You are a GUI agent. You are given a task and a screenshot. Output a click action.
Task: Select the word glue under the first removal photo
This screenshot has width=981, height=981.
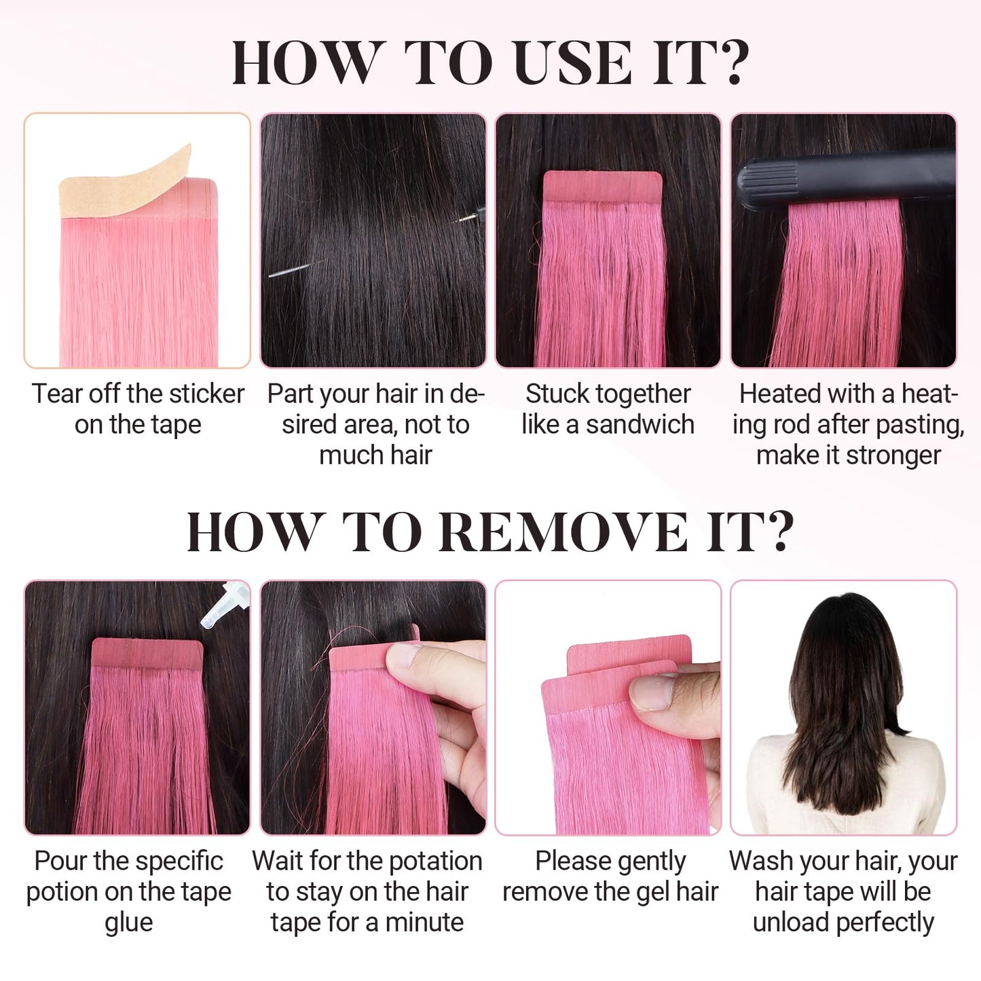coord(129,923)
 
